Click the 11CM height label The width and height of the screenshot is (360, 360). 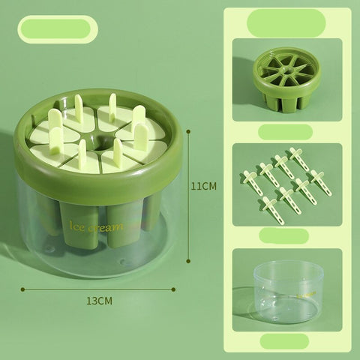[204, 186]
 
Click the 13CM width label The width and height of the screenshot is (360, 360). [100, 301]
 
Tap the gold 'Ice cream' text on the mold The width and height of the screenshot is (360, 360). [96, 226]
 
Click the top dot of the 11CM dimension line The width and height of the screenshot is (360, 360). [188, 131]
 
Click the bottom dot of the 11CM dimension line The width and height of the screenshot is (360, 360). [188, 261]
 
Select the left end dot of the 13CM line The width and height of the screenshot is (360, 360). [23, 289]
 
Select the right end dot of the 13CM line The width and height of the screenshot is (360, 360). [173, 289]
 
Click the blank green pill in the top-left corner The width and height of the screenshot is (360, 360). [58, 29]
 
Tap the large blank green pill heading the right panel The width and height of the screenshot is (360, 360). [286, 23]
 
